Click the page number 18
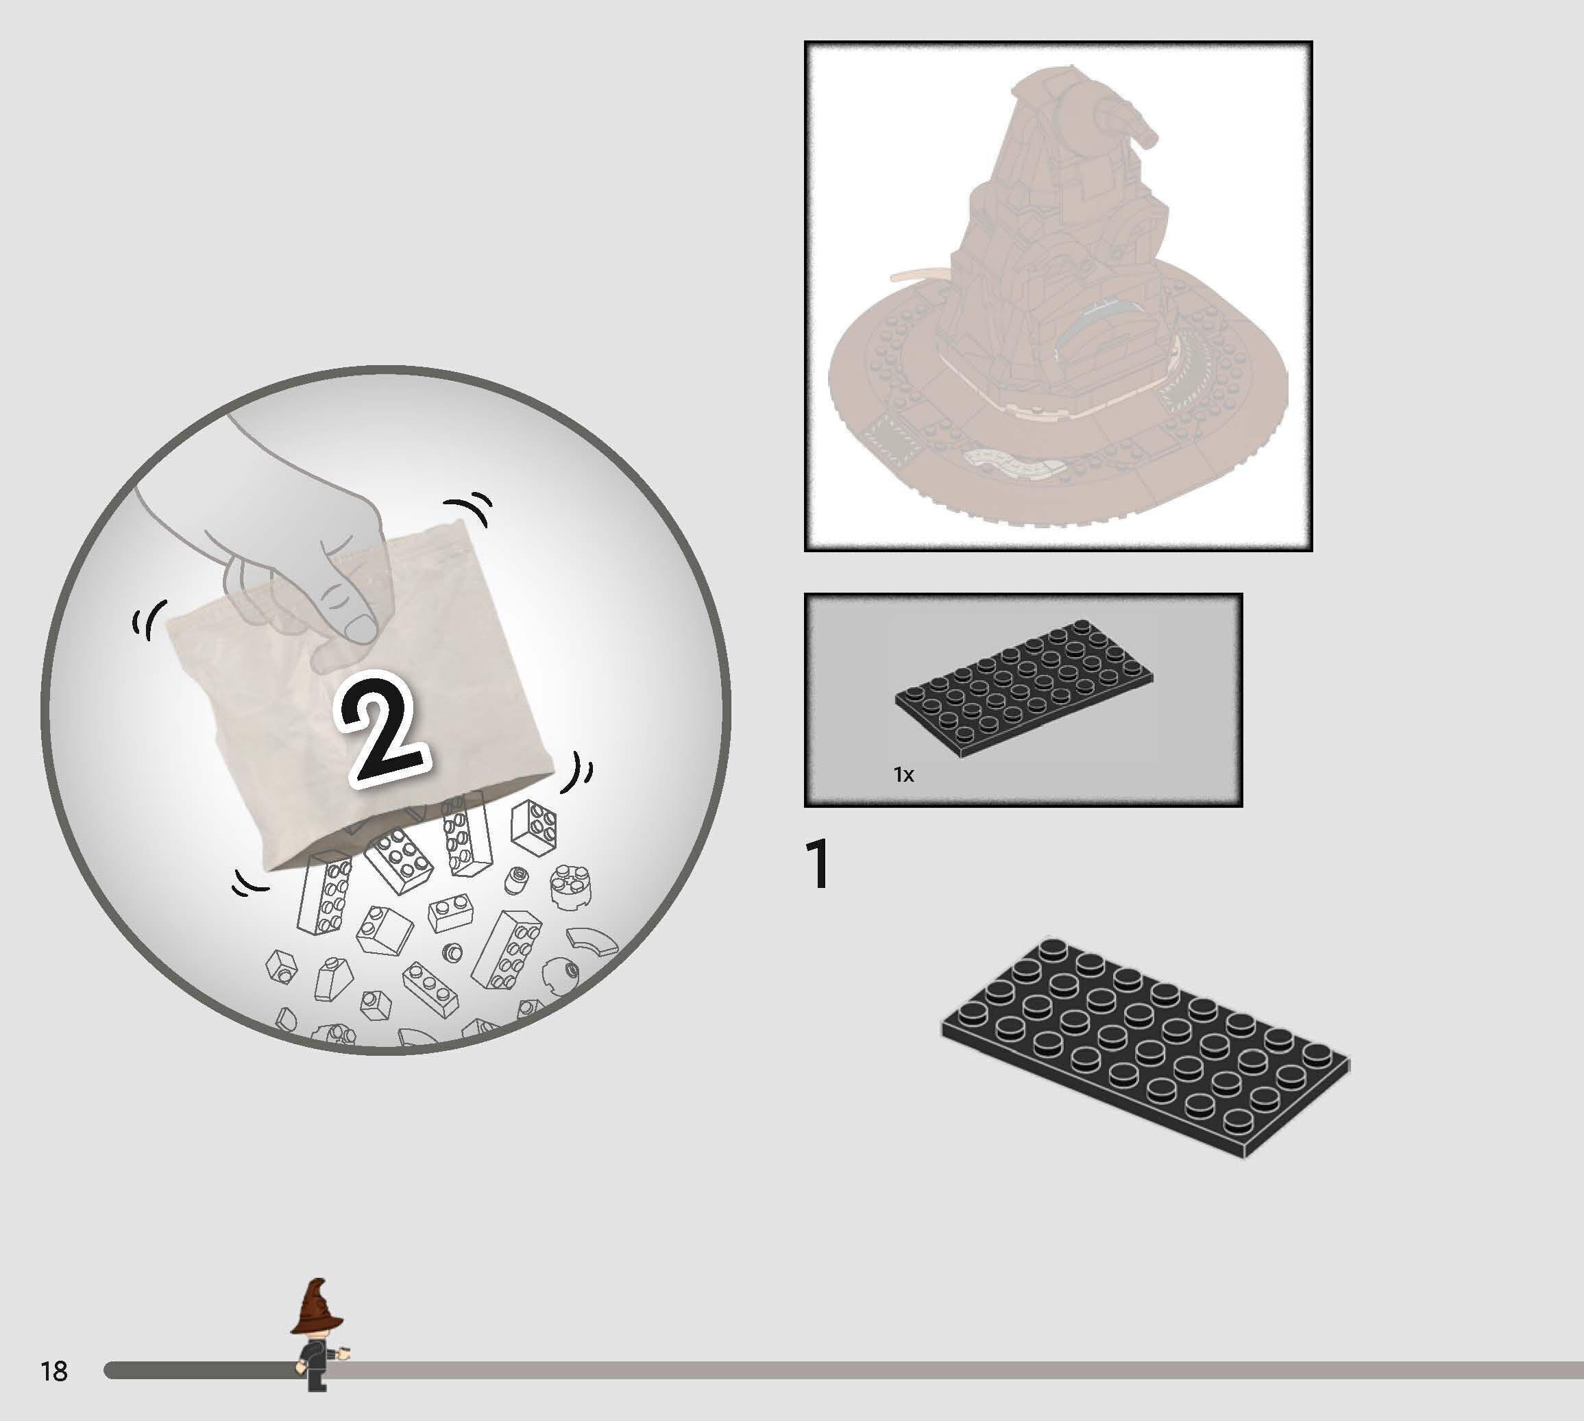coord(54,1371)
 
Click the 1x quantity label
coord(903,774)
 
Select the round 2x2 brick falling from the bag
coord(570,886)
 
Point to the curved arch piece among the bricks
coord(592,940)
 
